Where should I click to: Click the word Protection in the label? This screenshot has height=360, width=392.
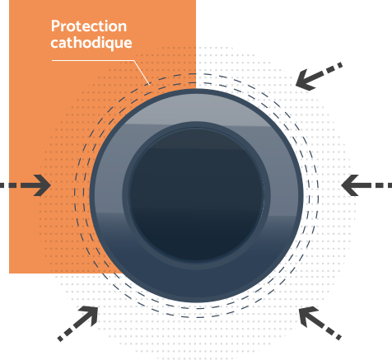tap(89, 26)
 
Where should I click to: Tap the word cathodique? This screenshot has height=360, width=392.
tap(91, 43)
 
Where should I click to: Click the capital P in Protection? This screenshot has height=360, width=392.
tap(55, 26)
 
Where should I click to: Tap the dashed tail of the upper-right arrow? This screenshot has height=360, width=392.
tap(329, 69)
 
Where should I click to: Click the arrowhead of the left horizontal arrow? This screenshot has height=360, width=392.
tap(42, 185)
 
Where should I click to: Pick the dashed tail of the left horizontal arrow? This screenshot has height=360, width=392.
tap(16, 185)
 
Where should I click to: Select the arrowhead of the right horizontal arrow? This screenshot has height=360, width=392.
tap(350, 185)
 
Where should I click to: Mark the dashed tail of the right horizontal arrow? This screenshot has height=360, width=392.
tap(376, 185)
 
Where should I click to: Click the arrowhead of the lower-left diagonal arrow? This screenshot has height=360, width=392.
tap(89, 316)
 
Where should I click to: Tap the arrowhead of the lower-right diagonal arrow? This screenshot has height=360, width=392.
tap(308, 316)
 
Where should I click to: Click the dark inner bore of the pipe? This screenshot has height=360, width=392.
tap(196, 194)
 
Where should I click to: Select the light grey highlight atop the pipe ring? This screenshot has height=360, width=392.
tap(197, 109)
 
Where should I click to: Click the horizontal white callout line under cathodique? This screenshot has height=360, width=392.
tap(93, 60)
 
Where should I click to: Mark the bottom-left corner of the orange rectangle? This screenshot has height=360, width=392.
tap(9, 274)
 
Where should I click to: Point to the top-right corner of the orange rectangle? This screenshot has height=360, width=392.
tap(196, 0)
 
